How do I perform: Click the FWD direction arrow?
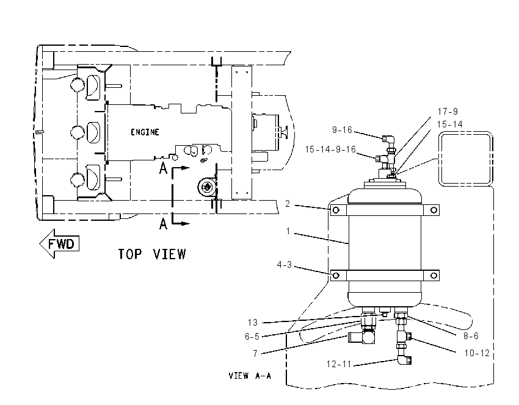(x=59, y=243)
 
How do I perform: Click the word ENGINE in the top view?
(x=145, y=132)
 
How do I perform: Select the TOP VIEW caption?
(x=152, y=254)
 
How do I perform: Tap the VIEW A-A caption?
(x=250, y=376)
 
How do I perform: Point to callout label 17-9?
(x=448, y=112)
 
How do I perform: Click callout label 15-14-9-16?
(x=330, y=149)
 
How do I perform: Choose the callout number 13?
(x=253, y=322)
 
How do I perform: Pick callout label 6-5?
(x=252, y=337)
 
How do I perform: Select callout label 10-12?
(x=477, y=353)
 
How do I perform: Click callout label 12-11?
(x=339, y=364)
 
